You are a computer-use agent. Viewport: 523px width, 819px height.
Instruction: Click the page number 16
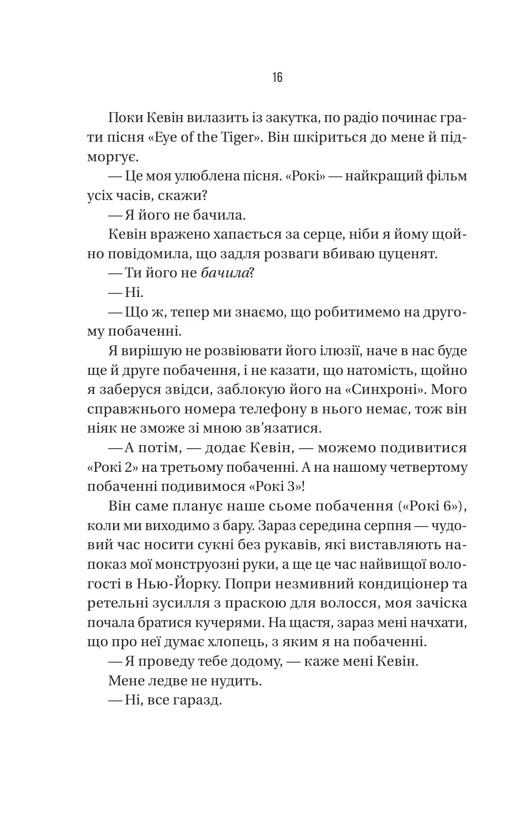tap(277, 77)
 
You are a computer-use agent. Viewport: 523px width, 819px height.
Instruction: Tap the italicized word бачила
tap(225, 273)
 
